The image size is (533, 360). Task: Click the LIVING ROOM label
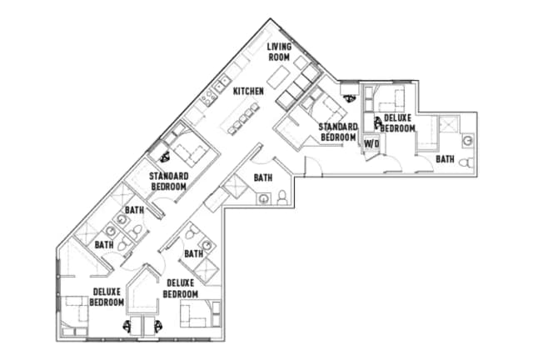click(x=278, y=52)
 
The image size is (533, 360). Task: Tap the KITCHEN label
click(x=248, y=90)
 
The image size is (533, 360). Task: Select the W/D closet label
click(x=371, y=142)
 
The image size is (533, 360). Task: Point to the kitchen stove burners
click(x=222, y=84)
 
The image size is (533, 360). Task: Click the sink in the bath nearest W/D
click(x=467, y=138)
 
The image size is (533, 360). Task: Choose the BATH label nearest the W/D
click(x=446, y=158)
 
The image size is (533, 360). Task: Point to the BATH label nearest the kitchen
click(x=262, y=177)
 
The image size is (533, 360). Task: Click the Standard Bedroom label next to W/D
click(x=337, y=131)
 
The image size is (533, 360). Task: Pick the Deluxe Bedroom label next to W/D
click(x=396, y=124)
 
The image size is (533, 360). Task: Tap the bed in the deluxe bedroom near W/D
click(x=386, y=102)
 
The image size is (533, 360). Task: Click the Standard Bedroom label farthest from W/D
click(x=167, y=181)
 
